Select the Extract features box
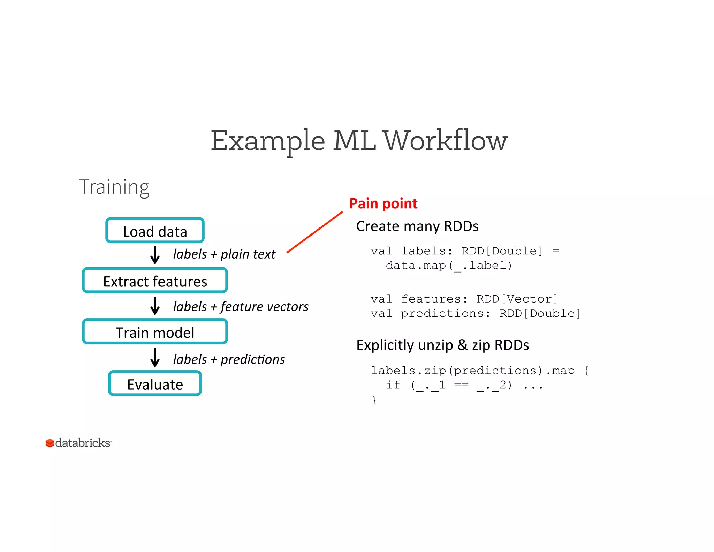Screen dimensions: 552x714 tap(155, 281)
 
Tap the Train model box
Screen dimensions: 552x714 tap(155, 332)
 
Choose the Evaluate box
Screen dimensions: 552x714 tap(155, 383)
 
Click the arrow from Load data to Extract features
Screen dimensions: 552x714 tap(155, 255)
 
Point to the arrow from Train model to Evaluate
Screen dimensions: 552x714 tap(155, 358)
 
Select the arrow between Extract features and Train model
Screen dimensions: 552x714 tap(155, 306)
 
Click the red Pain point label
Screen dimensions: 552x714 tap(383, 203)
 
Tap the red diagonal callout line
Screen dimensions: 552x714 tap(314, 232)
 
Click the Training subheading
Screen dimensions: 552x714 tap(114, 187)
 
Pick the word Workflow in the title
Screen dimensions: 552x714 tap(445, 140)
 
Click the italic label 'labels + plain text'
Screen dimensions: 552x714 tap(224, 254)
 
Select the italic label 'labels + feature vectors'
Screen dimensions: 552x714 tap(241, 307)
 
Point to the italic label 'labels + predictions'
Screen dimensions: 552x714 tap(229, 359)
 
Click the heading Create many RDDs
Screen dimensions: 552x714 tap(417, 226)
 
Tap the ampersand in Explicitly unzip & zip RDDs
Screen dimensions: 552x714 tap(462, 345)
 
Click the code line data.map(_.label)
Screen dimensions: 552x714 tap(449, 266)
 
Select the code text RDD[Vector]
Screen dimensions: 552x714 tap(517, 299)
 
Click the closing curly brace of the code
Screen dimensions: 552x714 tap(374, 400)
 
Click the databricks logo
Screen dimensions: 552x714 tap(78, 443)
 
